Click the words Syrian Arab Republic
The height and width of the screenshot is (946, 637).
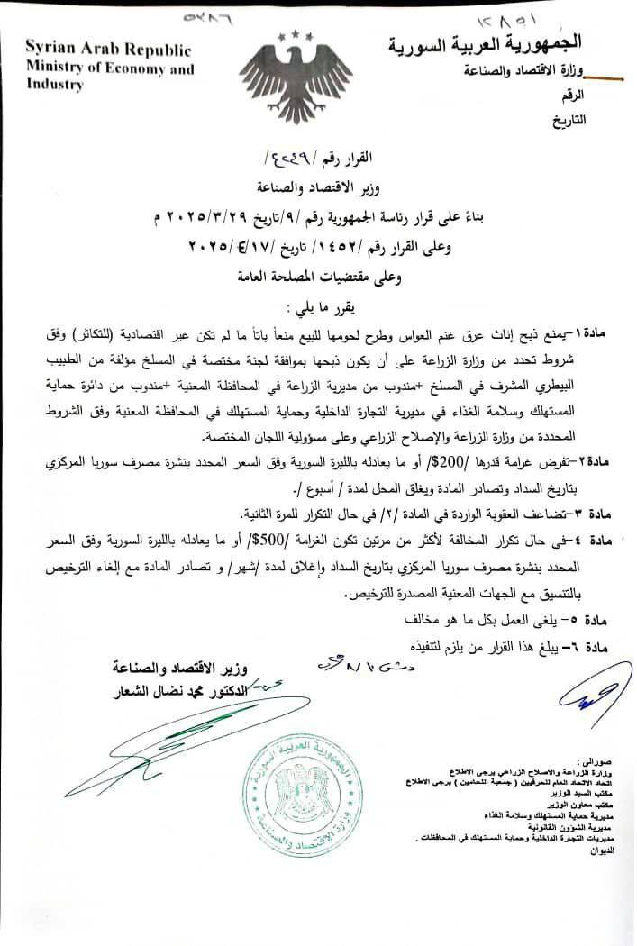pyautogui.click(x=108, y=49)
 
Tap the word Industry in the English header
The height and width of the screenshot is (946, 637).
pyautogui.click(x=55, y=85)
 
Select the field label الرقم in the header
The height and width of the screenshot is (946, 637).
pyautogui.click(x=572, y=94)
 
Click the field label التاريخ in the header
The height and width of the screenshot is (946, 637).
pyautogui.click(x=567, y=118)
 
